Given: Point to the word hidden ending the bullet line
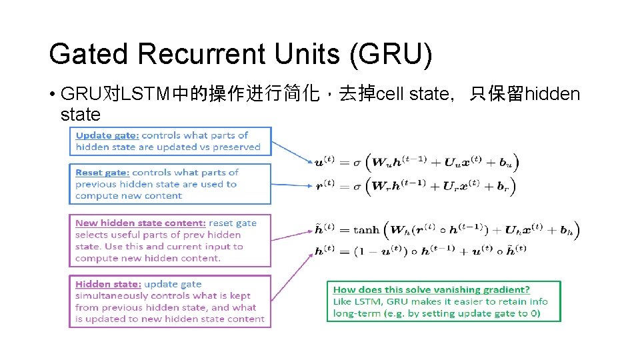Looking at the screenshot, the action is coord(553,94).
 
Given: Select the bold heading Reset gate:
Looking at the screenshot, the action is coord(102,173).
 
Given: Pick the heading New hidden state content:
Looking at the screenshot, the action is coord(140,223).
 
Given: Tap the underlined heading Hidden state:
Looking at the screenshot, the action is coord(108,284).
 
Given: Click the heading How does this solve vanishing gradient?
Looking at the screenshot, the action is coord(431,289).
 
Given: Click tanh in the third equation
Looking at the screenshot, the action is coord(366,231).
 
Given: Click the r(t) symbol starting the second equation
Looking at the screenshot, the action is coord(325,185).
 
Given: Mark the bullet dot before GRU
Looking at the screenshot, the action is coord(52,94).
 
